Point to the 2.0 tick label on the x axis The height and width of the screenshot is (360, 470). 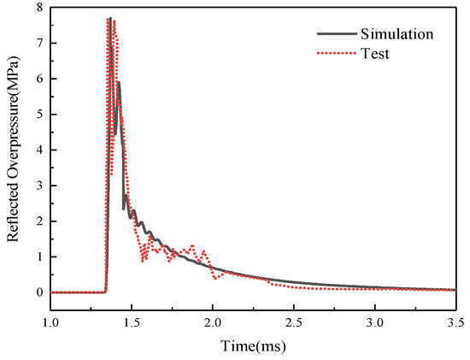point(213,323)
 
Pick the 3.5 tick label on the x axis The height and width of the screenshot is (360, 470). point(455,323)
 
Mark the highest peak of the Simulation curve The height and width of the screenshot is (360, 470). point(110,19)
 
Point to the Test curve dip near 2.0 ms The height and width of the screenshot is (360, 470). point(215,278)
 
